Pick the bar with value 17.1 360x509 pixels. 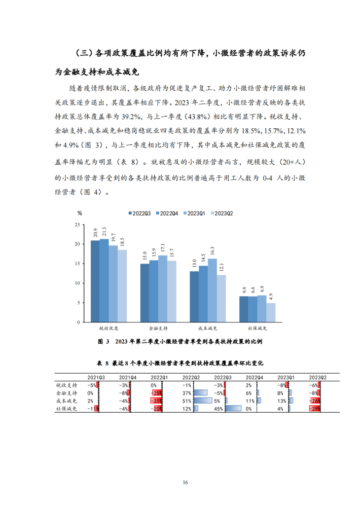[163, 288]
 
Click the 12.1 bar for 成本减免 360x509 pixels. [221, 298]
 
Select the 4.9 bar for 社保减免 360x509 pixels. [271, 312]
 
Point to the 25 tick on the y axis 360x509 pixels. [77, 225]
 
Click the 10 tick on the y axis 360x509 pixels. [77, 283]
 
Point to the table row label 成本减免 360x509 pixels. [66, 401]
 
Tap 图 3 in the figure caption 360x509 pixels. [103, 341]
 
